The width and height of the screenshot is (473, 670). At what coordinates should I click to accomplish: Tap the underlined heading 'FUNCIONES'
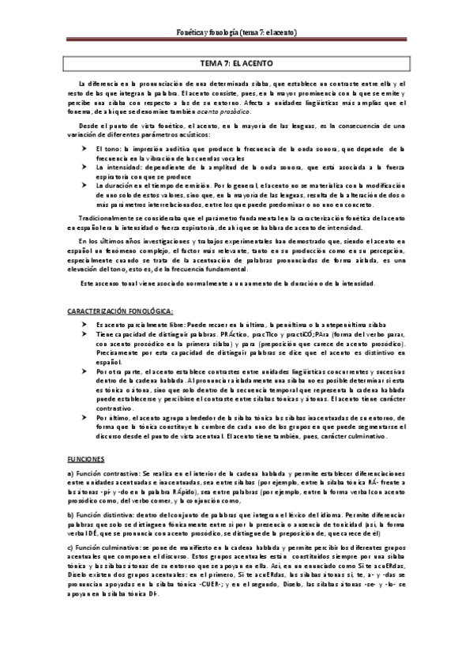tap(84, 457)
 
